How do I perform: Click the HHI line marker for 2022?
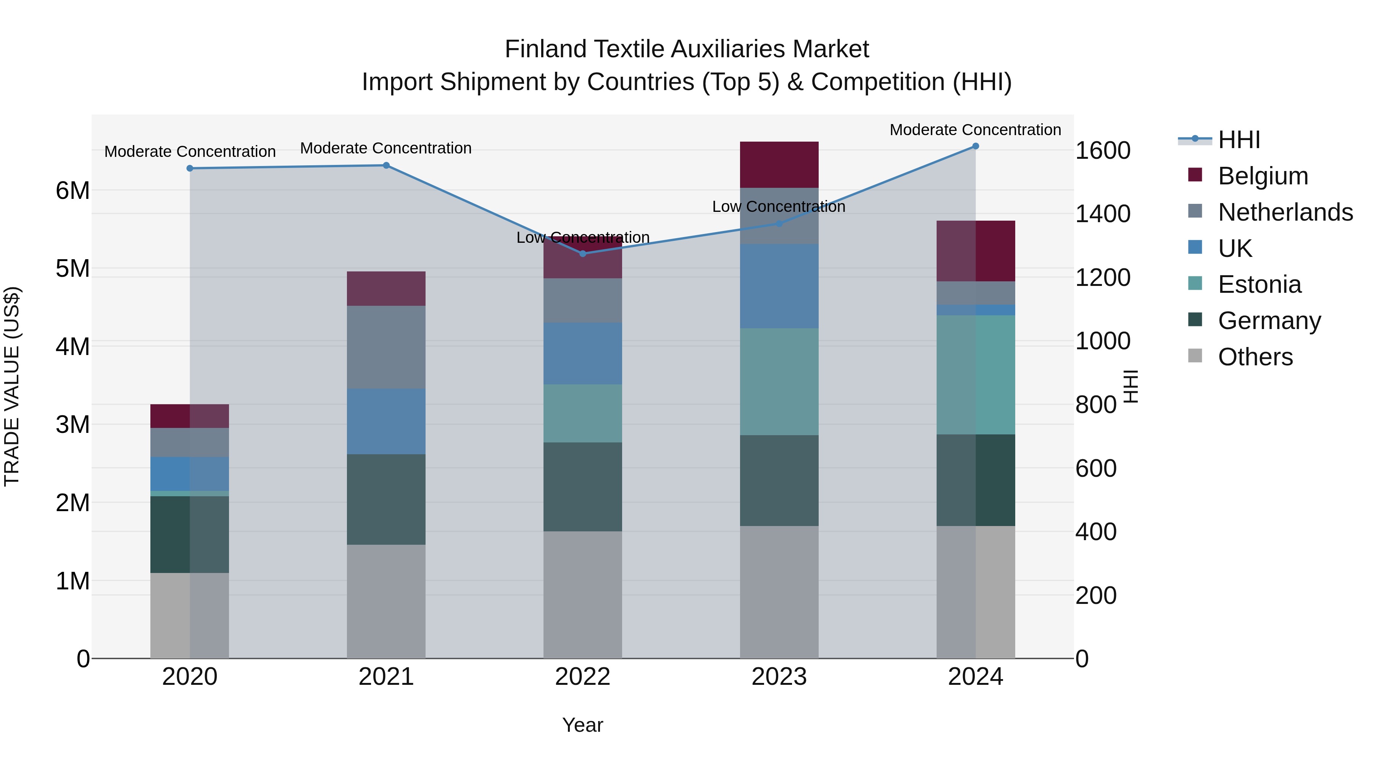[582, 253]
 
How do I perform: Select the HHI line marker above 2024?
[976, 146]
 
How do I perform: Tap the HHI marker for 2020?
[190, 168]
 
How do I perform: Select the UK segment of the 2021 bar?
[386, 421]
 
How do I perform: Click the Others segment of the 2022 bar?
[582, 594]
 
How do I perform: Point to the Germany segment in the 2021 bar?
[386, 499]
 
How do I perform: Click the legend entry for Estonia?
[1259, 284]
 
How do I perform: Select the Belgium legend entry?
[1263, 176]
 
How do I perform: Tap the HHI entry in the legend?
[1239, 140]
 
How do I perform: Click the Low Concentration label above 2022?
[582, 237]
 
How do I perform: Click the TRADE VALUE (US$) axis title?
[12, 386]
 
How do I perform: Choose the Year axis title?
[582, 725]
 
